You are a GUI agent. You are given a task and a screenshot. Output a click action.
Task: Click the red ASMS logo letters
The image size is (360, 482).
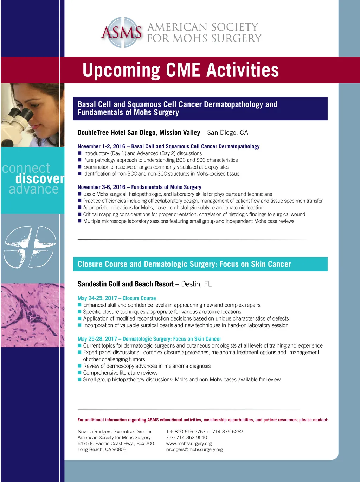(x=122, y=32)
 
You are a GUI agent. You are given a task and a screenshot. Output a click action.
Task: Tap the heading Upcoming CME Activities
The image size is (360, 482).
(x=181, y=70)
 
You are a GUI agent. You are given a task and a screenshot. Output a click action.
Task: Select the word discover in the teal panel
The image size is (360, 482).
(x=40, y=178)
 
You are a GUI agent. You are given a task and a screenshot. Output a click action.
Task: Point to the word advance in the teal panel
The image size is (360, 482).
(x=34, y=189)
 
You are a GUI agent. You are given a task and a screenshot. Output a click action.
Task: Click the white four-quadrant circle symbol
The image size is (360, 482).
(x=30, y=247)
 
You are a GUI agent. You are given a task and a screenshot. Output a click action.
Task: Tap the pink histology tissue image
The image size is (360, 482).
(x=33, y=315)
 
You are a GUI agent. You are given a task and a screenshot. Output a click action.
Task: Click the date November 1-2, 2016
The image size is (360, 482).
(x=101, y=146)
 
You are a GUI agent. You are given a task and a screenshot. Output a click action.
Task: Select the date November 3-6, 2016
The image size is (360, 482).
(x=101, y=187)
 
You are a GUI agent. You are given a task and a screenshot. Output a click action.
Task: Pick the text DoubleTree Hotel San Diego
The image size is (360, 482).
(x=117, y=132)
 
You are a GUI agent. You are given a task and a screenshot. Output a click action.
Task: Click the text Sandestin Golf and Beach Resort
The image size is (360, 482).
(x=126, y=284)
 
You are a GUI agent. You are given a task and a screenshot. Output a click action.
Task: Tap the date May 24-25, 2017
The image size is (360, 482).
(x=97, y=298)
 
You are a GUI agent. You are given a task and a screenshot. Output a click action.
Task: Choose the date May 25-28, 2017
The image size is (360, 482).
(x=97, y=338)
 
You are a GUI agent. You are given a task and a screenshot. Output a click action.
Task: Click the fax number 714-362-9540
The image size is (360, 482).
(x=192, y=437)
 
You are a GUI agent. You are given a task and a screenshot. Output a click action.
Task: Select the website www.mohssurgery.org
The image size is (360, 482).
(x=189, y=443)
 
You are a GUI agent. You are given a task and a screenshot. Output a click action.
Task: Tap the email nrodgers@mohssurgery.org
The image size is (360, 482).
(x=194, y=449)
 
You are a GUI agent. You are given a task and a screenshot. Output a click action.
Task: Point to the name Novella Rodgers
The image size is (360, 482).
(x=95, y=431)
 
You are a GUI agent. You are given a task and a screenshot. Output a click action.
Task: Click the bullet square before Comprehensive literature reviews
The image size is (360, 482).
(x=79, y=373)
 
